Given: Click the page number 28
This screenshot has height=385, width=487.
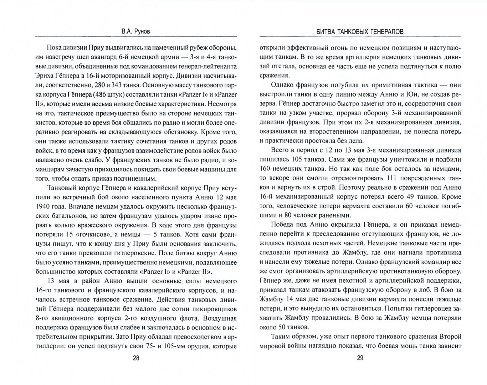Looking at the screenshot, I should tap(136, 358).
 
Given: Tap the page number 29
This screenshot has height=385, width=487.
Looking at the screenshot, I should tap(360, 358).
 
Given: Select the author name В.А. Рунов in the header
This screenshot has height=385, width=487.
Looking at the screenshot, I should tap(136, 31).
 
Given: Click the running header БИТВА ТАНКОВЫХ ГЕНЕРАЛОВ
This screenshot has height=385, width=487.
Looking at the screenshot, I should tap(360, 31).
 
